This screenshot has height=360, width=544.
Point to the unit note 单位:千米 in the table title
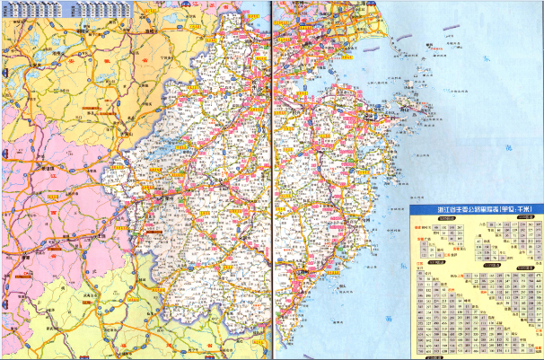516,210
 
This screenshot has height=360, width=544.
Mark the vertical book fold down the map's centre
268,180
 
